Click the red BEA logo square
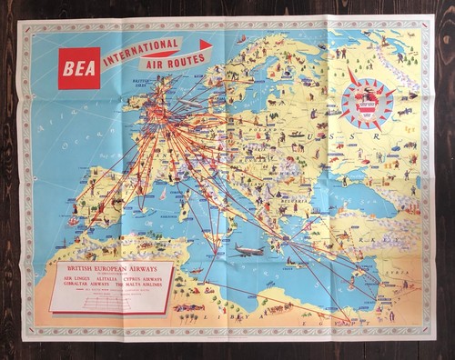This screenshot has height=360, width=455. pos(79,67)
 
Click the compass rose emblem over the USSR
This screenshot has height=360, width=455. pos(369,98)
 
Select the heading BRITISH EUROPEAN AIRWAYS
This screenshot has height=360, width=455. pos(111,271)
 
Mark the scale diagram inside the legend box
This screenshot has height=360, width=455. pos(111,302)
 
